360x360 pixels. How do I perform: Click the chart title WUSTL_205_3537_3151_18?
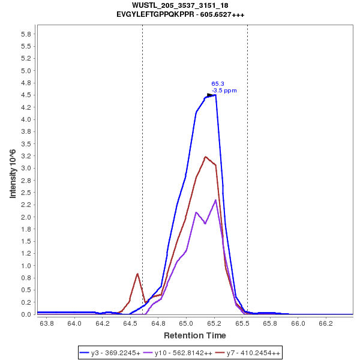[180, 5]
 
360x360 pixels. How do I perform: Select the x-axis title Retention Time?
[195, 335]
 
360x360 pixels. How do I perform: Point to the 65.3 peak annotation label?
[218, 84]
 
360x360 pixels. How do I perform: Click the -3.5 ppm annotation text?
[224, 91]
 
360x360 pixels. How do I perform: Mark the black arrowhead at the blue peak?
[211, 95]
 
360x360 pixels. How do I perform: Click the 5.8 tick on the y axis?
[26, 34]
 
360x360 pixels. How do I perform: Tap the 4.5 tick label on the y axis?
[26, 95]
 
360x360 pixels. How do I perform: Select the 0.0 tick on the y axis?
[26, 314]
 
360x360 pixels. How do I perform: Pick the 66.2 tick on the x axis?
[326, 323]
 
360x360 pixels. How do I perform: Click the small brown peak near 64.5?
[137, 274]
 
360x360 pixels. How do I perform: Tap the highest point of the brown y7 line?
[205, 157]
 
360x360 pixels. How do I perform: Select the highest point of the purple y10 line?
[215, 200]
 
